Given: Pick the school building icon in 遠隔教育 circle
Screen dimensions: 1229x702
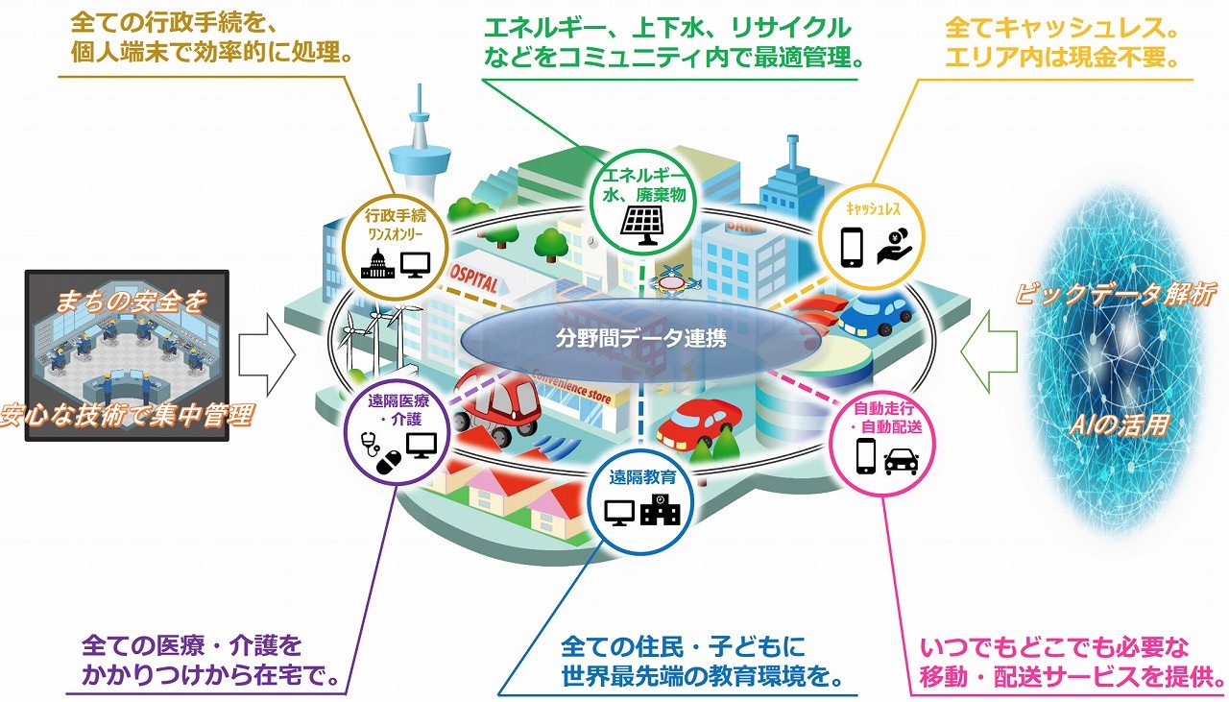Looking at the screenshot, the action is [x=661, y=510].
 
